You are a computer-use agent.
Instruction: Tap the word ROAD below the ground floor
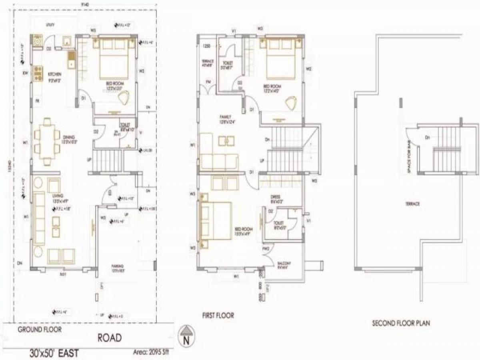point(110,338)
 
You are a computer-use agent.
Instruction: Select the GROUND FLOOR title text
point(39,330)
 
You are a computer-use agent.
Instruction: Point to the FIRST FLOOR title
point(218,316)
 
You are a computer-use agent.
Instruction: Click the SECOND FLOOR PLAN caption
point(401,323)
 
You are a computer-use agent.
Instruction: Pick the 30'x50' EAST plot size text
point(54,354)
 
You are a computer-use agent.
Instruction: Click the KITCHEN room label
point(54,74)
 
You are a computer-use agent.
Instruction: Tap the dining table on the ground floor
point(47,142)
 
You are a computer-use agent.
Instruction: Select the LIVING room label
point(55,196)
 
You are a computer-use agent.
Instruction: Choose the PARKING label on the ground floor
point(117,266)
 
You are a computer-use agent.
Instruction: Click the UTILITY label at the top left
point(50,25)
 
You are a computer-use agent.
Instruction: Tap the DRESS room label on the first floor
point(275,197)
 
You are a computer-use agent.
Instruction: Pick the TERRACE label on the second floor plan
point(414,204)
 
